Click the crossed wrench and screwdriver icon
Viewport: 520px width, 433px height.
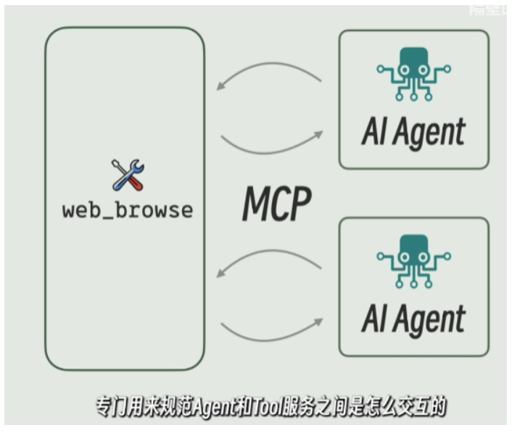coord(128,175)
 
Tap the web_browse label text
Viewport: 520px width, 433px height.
coord(128,211)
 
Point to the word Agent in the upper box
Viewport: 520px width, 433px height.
coord(434,133)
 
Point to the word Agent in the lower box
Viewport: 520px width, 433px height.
coord(434,320)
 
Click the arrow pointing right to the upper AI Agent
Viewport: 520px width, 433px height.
coord(272,143)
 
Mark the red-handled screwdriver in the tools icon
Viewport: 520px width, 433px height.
coord(134,181)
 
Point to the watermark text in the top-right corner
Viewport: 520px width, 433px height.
coord(489,10)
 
